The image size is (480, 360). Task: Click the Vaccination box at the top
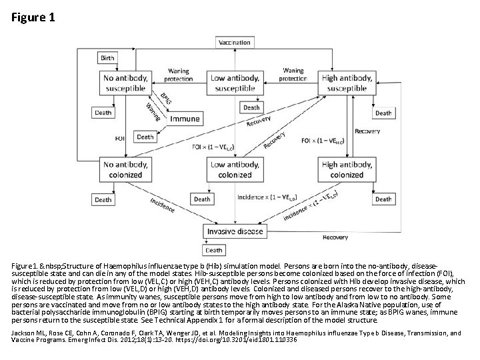(x=235, y=43)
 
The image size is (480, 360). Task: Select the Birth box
(x=107, y=58)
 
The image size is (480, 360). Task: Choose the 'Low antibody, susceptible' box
(x=235, y=83)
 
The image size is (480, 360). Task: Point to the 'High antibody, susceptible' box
(x=347, y=83)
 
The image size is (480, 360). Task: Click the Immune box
(x=185, y=119)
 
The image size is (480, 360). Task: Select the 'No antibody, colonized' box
(x=126, y=170)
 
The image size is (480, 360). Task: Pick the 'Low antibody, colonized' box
(x=235, y=170)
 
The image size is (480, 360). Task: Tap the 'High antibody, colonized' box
(x=347, y=170)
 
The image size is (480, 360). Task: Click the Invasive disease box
(x=235, y=231)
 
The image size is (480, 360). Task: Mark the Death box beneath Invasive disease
(x=213, y=250)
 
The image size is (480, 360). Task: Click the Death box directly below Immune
(x=145, y=137)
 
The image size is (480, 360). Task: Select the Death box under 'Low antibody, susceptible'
(x=251, y=107)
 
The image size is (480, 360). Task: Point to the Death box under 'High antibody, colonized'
(x=383, y=199)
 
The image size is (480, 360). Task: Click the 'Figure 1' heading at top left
(x=33, y=17)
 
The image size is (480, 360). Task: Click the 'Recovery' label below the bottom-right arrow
(x=335, y=237)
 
